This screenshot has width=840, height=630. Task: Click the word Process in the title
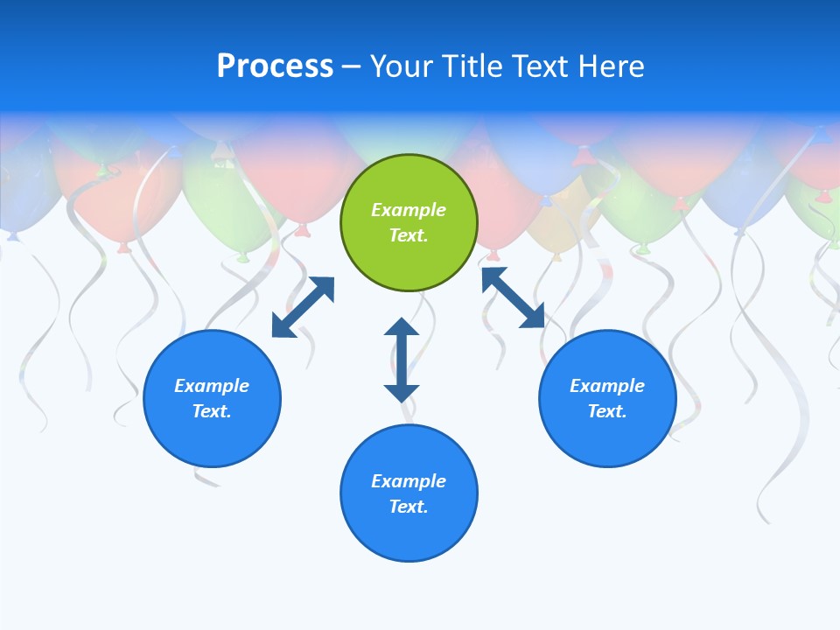pos(275,66)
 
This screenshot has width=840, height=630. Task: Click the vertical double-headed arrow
pos(402,360)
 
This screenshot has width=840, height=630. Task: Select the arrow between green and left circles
pos(303,307)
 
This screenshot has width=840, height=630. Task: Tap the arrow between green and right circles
pos(513,297)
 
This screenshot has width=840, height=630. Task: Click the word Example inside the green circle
pos(409,210)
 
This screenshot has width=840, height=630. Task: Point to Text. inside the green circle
pos(409,235)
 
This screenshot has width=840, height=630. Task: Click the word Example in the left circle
pos(212,386)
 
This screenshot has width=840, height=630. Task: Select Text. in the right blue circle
pos(607,411)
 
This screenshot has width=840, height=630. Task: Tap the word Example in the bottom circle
pos(409,481)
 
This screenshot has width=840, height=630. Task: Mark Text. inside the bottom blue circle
pos(409,507)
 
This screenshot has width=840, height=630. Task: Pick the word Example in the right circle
pos(607,386)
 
